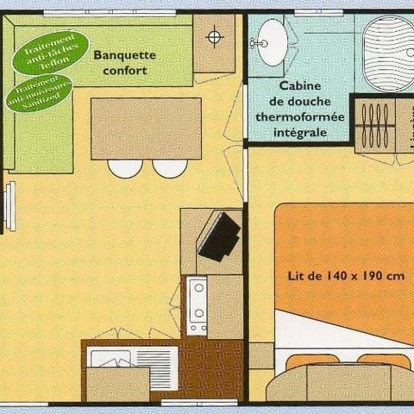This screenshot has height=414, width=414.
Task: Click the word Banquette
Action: [124, 53]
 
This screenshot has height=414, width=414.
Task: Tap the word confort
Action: [124, 70]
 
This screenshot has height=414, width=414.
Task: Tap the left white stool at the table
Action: [126, 167]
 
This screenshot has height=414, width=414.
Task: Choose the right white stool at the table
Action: [170, 167]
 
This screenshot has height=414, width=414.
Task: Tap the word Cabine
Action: [299, 86]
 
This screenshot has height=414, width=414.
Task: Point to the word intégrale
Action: [299, 133]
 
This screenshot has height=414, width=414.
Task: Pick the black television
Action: [219, 235]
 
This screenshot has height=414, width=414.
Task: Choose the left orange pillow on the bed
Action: [311, 360]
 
